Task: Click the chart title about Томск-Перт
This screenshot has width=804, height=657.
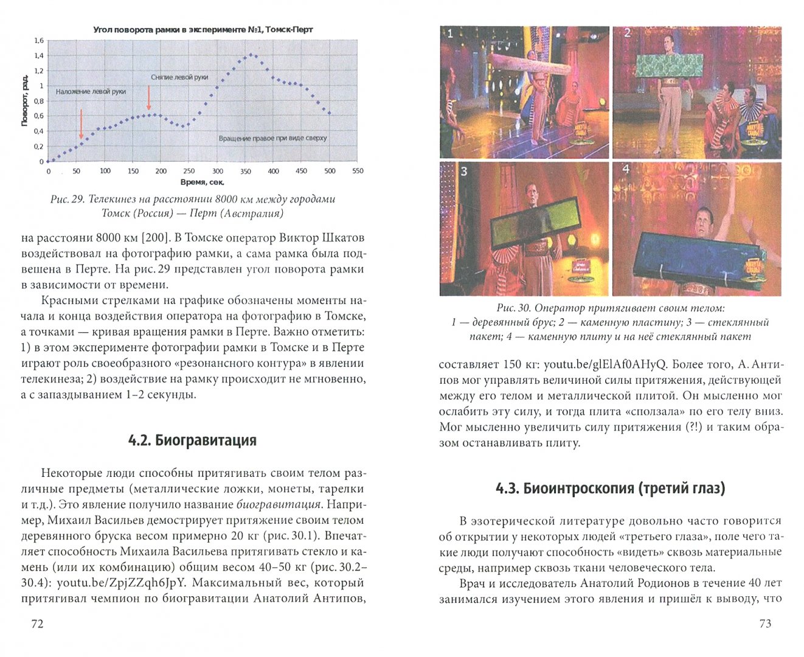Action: pyautogui.click(x=203, y=29)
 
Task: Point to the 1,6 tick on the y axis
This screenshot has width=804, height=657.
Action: pyautogui.click(x=38, y=41)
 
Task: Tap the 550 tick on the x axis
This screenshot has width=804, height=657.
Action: pyautogui.click(x=358, y=171)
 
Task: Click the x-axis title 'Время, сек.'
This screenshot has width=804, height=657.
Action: pyautogui.click(x=202, y=182)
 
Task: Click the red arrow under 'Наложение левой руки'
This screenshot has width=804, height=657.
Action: pyautogui.click(x=81, y=125)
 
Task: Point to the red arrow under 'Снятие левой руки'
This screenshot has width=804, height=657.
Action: pyautogui.click(x=148, y=97)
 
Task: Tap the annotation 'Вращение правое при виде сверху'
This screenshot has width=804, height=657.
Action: pyautogui.click(x=272, y=138)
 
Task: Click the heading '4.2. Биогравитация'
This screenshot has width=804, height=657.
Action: pyautogui.click(x=192, y=440)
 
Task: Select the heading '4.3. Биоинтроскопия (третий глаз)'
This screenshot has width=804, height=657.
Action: pyautogui.click(x=611, y=488)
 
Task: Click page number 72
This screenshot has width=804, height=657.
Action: pyautogui.click(x=37, y=624)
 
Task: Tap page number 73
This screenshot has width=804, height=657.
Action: pyautogui.click(x=765, y=624)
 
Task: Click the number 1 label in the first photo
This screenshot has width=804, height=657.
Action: pyautogui.click(x=450, y=34)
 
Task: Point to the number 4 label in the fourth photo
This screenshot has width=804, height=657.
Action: pyautogui.click(x=626, y=169)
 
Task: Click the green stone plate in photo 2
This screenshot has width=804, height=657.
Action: pyautogui.click(x=668, y=65)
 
